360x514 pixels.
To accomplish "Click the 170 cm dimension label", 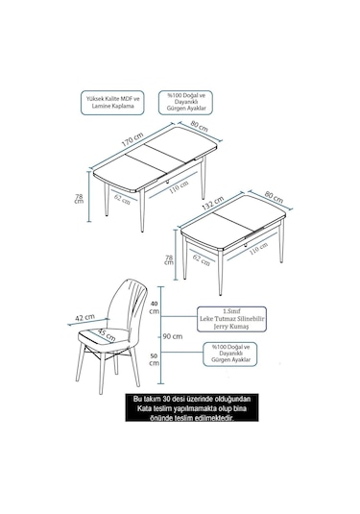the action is point(132,139).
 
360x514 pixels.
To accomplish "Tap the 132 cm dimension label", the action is point(213,204).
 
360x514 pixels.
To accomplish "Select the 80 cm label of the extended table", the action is point(199,126).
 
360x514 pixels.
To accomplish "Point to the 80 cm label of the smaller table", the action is point(274,197).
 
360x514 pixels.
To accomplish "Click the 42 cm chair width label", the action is point(84,317).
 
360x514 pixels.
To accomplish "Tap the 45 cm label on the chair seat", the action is point(107,334).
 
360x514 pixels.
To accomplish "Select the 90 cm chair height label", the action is point(173,336).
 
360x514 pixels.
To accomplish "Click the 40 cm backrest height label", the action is point(154,308).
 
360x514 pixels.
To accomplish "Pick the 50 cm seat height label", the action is point(154,359).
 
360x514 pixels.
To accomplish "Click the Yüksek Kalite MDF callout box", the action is point(112,103).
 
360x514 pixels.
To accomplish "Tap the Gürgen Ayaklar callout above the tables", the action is point(185,103).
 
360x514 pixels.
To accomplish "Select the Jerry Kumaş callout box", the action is point(231,319).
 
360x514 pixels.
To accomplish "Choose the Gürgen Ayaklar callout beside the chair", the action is point(230,354).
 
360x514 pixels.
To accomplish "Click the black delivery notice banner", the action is point(192,407).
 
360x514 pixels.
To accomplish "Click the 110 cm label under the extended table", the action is point(179,187).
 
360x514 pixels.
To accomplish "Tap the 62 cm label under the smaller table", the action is point(202,260).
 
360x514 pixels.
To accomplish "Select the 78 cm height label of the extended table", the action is point(80,198).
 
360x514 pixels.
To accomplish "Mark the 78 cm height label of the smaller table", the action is point(169,260).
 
